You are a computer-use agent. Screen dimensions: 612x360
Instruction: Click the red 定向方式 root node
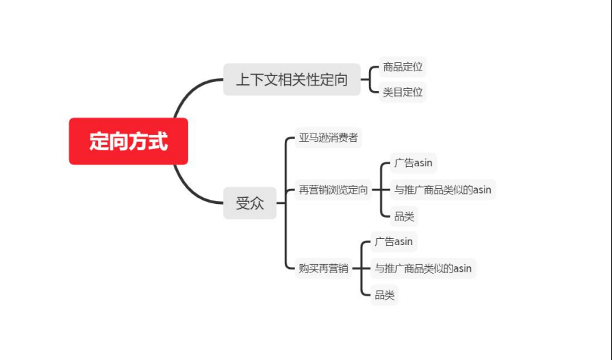coord(129,141)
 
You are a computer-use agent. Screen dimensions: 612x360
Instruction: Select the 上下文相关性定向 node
coord(292,79)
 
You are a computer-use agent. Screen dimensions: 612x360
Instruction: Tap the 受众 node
coord(250,203)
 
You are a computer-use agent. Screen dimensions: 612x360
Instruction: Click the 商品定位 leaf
coord(403,67)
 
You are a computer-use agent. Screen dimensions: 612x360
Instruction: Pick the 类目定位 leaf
coord(403,92)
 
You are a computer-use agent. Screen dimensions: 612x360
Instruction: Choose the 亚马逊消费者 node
coord(328,138)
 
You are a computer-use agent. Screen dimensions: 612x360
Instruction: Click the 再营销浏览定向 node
coord(333,190)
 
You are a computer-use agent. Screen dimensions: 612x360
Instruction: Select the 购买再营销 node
coord(323,268)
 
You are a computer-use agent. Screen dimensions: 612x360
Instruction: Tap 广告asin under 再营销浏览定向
coord(413,163)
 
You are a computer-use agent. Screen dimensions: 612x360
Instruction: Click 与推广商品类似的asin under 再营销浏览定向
coord(443,190)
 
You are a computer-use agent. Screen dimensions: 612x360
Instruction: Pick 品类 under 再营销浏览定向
coord(404,216)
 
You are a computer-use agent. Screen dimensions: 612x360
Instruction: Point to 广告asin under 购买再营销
coord(394,242)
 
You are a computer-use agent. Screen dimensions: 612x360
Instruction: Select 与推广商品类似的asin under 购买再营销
coord(423,268)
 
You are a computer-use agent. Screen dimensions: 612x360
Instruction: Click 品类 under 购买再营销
coord(385,295)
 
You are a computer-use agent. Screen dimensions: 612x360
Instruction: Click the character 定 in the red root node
coord(99,141)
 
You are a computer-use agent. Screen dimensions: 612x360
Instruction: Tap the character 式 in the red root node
coord(158,141)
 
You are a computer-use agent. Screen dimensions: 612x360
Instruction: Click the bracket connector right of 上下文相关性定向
coord(369,79)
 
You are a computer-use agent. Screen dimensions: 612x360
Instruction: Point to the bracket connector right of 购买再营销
coord(361,268)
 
